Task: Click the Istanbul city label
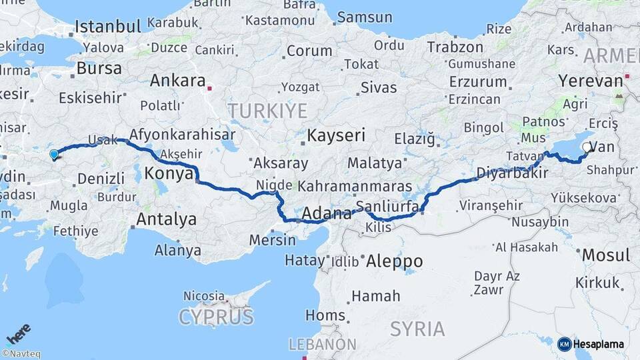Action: pyautogui.click(x=107, y=27)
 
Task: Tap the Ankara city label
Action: pyautogui.click(x=177, y=81)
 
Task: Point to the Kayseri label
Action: pyautogui.click(x=336, y=136)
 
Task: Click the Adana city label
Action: pyautogui.click(x=327, y=214)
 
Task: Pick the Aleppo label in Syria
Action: pyautogui.click(x=394, y=261)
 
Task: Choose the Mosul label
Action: pyautogui.click(x=605, y=255)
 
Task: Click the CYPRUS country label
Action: pyautogui.click(x=216, y=316)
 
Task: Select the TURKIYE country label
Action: pyautogui.click(x=267, y=110)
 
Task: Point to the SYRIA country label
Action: pyautogui.click(x=417, y=329)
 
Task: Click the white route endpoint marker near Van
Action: pyautogui.click(x=587, y=147)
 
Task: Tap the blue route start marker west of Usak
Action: pyautogui.click(x=54, y=155)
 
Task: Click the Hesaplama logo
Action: pyautogui.click(x=591, y=344)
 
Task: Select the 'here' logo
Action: pyautogui.click(x=18, y=333)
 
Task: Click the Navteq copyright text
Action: pyautogui.click(x=21, y=354)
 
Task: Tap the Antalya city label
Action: pyautogui.click(x=166, y=219)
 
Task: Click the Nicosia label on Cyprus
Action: pyautogui.click(x=204, y=295)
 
